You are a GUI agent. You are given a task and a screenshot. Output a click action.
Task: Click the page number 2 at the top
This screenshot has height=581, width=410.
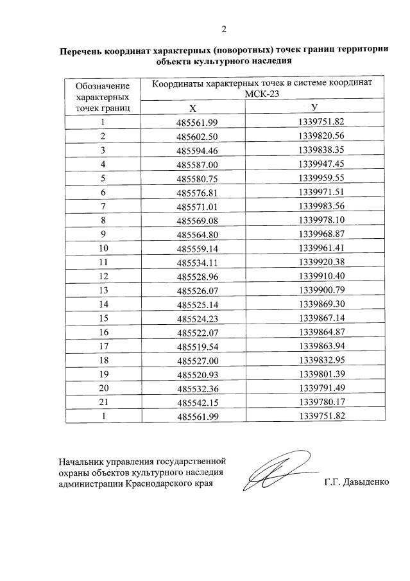click(224, 29)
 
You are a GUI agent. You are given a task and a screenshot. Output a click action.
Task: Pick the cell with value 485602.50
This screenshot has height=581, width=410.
click(197, 136)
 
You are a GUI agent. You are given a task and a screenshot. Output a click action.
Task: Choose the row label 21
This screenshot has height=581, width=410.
click(103, 402)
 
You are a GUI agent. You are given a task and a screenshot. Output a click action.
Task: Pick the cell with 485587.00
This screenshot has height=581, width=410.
click(197, 164)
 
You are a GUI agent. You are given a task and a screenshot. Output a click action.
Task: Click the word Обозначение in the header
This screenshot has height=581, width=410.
click(103, 85)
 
